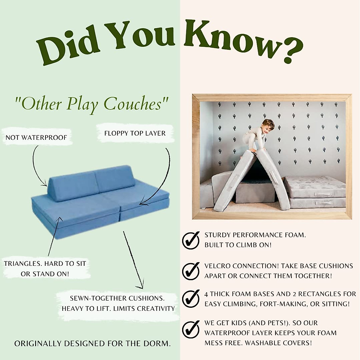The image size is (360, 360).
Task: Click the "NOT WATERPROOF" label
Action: (x=36, y=138)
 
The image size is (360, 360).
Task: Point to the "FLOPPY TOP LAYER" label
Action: (x=135, y=133)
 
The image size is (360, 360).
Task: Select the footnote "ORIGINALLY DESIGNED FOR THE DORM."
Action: (x=92, y=343)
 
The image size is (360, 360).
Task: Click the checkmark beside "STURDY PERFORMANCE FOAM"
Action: (x=191, y=240)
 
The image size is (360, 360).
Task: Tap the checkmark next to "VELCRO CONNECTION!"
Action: (x=191, y=271)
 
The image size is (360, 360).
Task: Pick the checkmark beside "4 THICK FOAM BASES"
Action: (x=191, y=298)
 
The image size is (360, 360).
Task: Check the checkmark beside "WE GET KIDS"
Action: (x=191, y=329)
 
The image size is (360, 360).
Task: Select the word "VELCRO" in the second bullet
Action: (x=217, y=266)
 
